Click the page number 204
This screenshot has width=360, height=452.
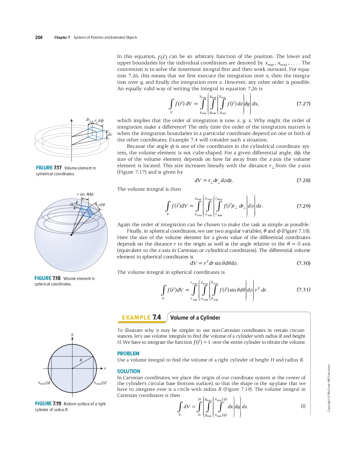tap(39, 37)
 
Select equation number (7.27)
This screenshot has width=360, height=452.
tap(303, 104)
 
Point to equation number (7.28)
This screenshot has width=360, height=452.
tap(303, 180)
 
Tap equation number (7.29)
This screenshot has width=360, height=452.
tap(303, 206)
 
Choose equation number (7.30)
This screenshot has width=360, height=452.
tap(303, 263)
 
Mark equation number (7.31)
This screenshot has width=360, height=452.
tap(303, 290)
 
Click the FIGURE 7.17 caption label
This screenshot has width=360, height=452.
tap(49, 168)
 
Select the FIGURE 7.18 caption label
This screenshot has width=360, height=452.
tap(47, 278)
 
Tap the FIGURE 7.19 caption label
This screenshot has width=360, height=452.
tap(48, 404)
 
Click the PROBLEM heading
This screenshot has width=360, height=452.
tap(128, 353)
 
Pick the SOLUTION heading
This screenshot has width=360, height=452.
tap(128, 371)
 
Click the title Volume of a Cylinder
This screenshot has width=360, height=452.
tap(195, 318)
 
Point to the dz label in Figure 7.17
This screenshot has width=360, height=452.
tap(110, 134)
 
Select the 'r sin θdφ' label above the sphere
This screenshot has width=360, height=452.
tap(85, 194)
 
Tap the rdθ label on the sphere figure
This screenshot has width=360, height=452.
tap(101, 205)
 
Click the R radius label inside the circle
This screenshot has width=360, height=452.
tap(81, 360)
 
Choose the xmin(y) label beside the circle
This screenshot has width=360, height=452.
tap(44, 383)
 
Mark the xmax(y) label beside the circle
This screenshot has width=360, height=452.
tap(100, 383)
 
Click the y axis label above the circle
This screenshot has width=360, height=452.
tap(72, 334)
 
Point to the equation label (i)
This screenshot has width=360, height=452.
tap(303, 406)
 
